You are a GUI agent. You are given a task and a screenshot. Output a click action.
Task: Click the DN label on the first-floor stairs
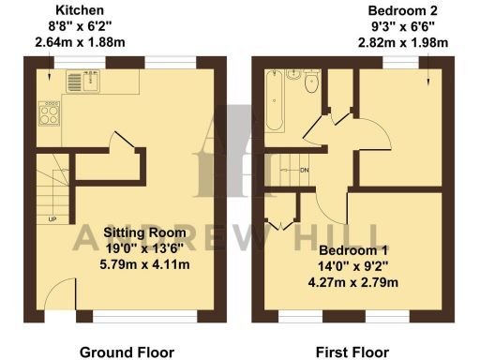point(304,170)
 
